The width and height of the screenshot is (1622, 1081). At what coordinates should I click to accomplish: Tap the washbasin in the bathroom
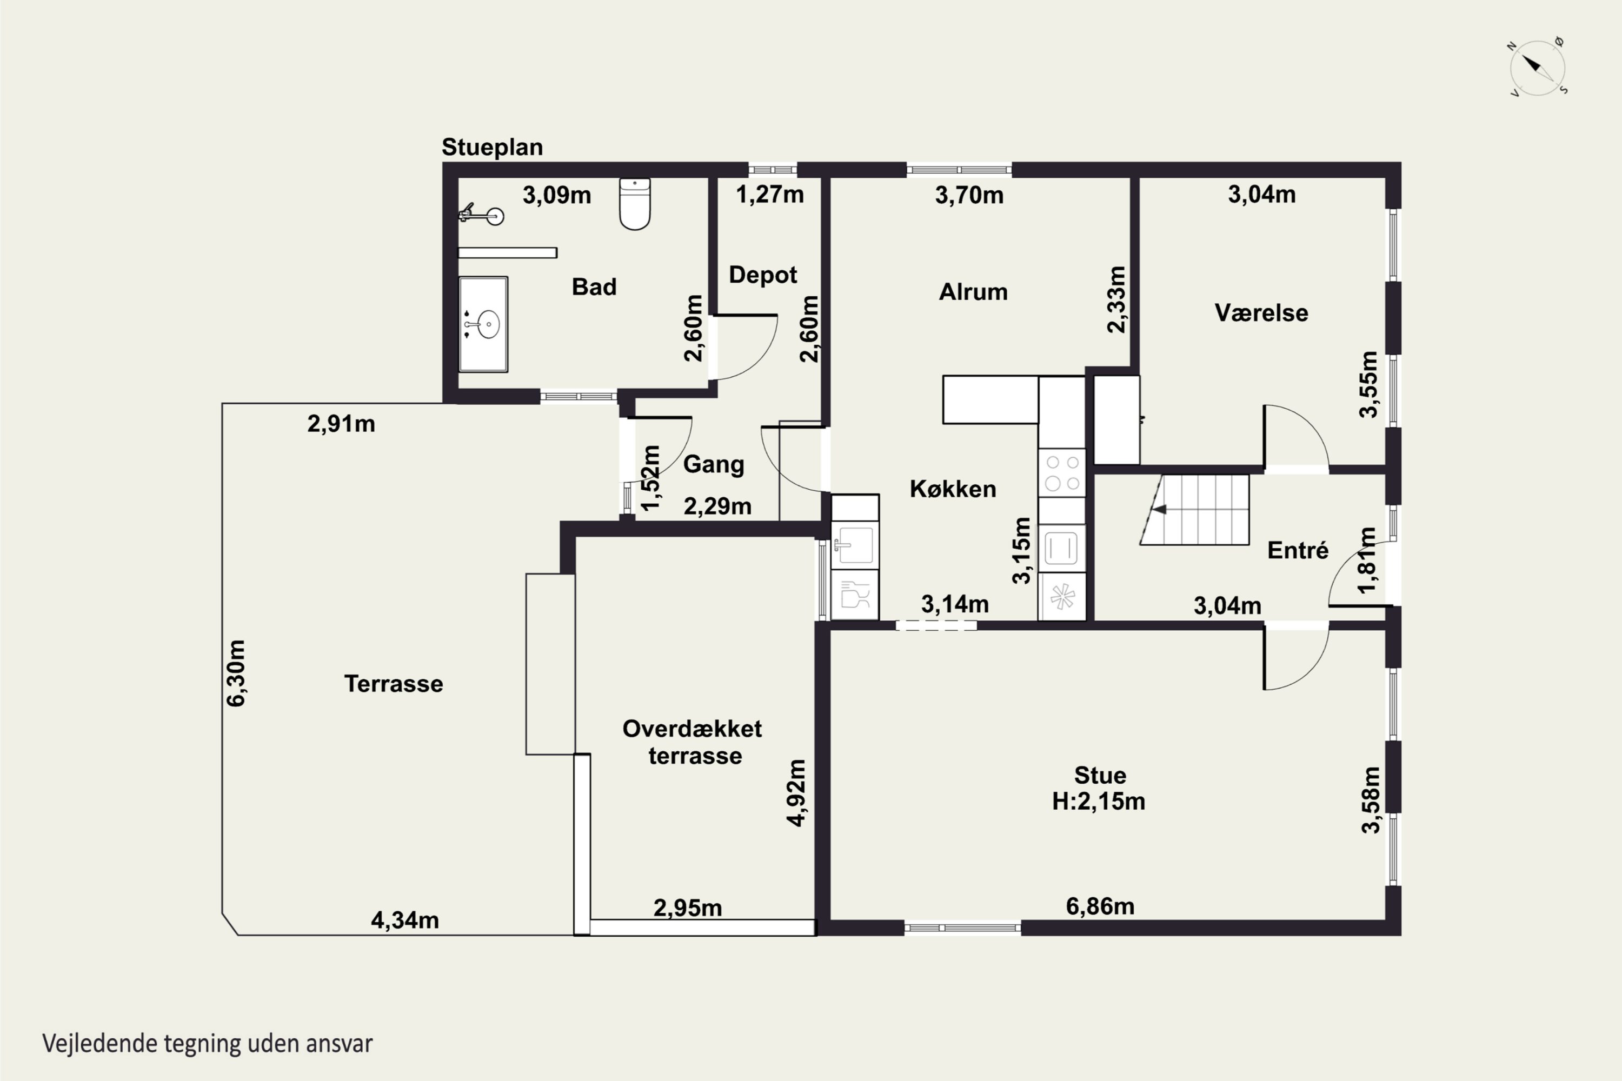click(483, 324)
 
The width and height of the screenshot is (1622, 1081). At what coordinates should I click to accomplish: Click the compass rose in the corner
click(1537, 68)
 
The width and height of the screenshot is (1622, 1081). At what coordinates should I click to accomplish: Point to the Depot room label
click(763, 275)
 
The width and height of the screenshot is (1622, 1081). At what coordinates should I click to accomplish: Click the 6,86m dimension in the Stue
click(1100, 906)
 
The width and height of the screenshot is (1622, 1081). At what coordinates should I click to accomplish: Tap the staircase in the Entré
click(1194, 510)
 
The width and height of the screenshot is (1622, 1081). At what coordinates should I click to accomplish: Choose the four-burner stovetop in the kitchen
click(1062, 473)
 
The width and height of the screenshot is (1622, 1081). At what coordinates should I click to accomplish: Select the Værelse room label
click(1261, 313)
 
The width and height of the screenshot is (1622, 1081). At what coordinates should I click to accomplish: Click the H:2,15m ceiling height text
click(1099, 801)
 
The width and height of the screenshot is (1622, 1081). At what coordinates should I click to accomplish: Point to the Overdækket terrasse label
click(693, 742)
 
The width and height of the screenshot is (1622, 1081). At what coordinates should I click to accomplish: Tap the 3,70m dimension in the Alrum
click(969, 195)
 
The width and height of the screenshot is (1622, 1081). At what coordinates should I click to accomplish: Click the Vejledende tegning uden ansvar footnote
click(208, 1044)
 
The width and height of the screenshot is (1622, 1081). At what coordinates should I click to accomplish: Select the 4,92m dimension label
click(796, 793)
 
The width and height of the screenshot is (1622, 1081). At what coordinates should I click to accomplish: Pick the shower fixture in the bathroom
click(481, 215)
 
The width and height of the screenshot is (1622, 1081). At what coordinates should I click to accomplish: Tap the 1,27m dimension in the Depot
click(769, 195)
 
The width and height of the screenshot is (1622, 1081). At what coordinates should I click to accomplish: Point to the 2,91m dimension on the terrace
click(341, 423)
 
